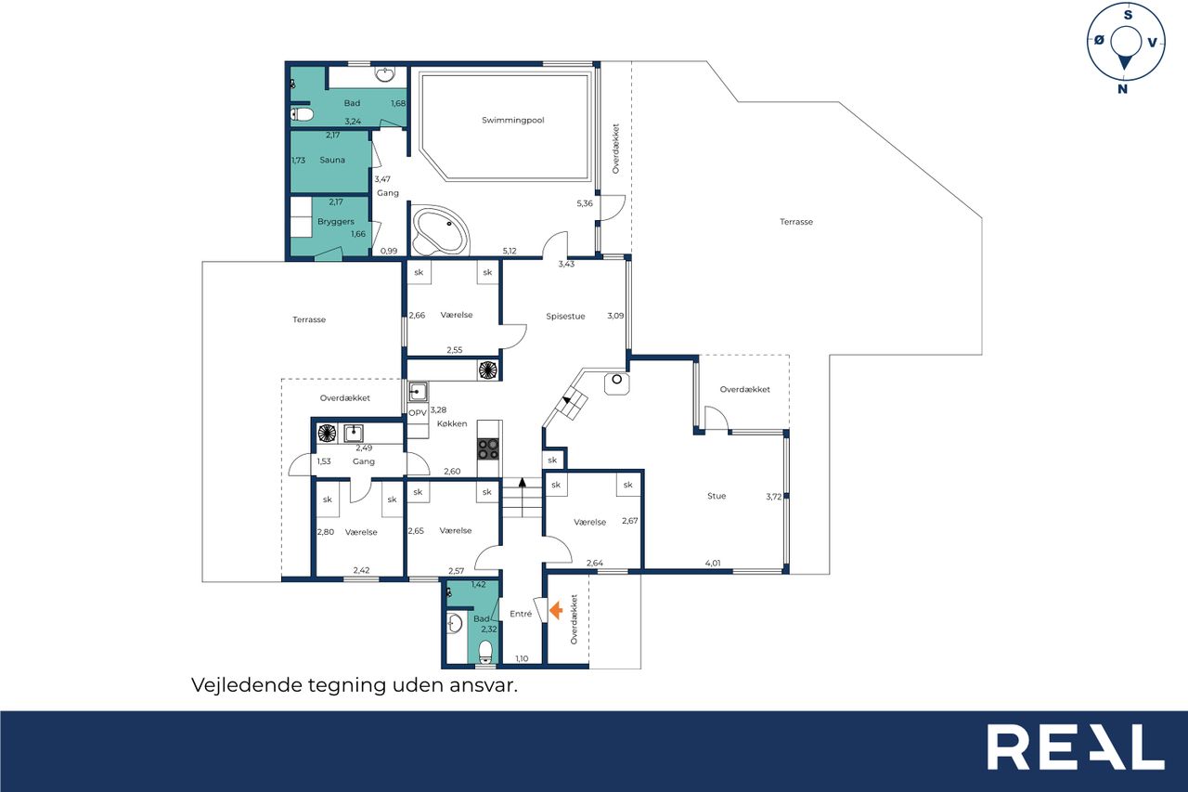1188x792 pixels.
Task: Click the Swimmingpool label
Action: tap(513, 121)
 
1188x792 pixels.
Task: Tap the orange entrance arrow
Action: tap(556, 610)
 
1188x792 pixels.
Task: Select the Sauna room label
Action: tap(332, 160)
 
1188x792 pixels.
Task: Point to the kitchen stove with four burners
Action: tap(488, 448)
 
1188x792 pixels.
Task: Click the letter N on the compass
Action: tap(1122, 89)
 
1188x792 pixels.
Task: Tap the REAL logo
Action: tap(1076, 747)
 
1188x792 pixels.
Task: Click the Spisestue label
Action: tap(565, 317)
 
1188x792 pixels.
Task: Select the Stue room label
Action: tap(717, 496)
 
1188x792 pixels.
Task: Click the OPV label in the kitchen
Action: tap(418, 412)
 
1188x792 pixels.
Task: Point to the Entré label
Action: tap(521, 614)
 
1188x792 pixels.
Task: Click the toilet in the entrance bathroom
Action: tap(485, 652)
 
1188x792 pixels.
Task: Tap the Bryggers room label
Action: tap(336, 222)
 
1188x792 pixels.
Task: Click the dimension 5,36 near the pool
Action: tap(585, 203)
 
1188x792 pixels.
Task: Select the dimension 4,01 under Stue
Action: tap(713, 563)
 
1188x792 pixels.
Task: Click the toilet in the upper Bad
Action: tap(302, 114)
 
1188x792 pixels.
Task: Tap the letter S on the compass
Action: tap(1128, 15)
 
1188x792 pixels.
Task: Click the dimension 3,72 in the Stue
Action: tap(773, 497)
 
